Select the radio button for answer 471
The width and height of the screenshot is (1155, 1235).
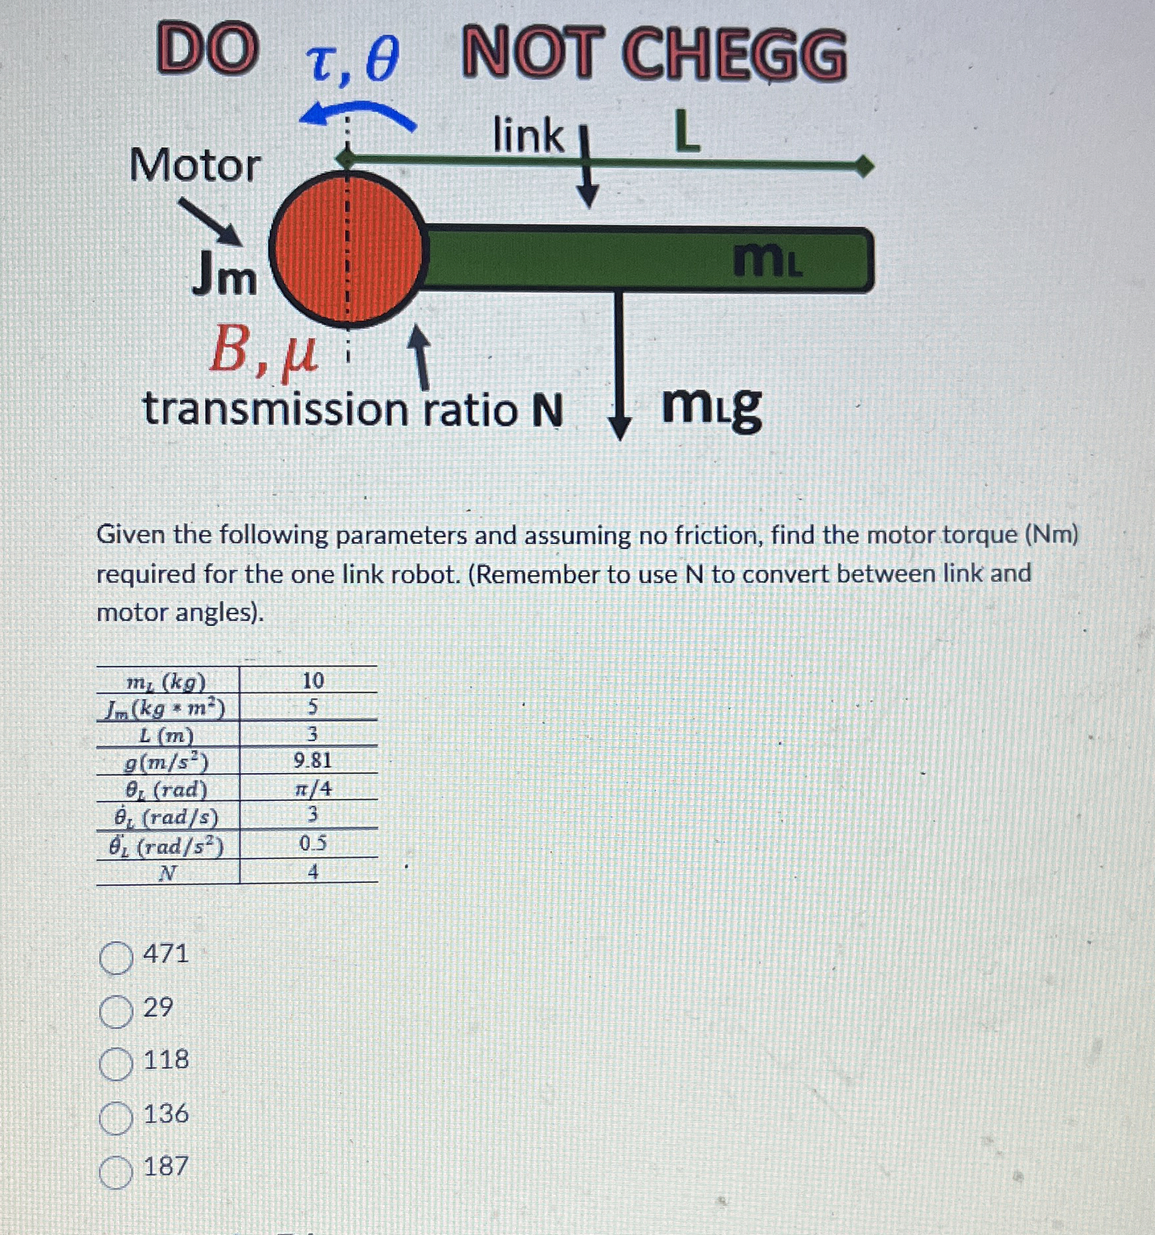click(x=116, y=958)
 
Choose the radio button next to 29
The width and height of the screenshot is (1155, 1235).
click(x=116, y=1011)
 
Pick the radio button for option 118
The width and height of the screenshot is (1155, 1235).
click(x=116, y=1064)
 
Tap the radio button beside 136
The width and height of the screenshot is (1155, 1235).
click(x=116, y=1118)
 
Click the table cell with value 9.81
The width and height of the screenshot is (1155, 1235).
click(x=312, y=760)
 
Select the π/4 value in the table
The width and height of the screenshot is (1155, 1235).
click(x=312, y=788)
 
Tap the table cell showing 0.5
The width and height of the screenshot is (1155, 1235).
click(x=312, y=843)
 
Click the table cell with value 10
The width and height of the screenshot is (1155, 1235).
click(x=312, y=680)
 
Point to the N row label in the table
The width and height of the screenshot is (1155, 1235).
click(x=168, y=873)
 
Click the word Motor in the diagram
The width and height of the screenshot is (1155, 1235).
click(x=194, y=165)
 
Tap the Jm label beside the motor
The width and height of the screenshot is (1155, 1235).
click(x=224, y=277)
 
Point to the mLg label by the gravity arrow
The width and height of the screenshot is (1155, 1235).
click(x=711, y=405)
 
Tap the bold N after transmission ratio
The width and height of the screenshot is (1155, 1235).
click(x=547, y=410)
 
